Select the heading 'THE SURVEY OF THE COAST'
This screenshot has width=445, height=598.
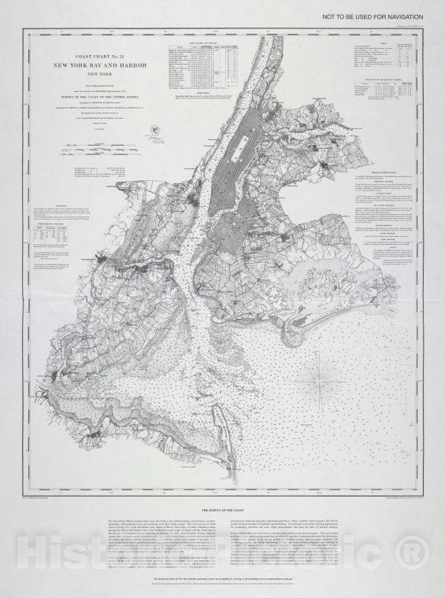[222, 510]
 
